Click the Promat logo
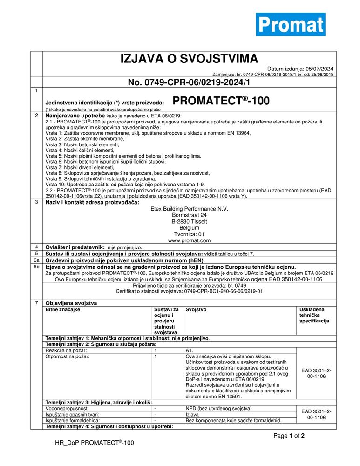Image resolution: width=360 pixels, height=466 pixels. point(290,24)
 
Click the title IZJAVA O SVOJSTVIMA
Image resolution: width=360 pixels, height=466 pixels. point(189,59)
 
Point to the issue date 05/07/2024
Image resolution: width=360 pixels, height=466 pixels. point(319,69)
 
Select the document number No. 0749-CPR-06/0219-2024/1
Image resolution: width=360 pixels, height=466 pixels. point(189,83)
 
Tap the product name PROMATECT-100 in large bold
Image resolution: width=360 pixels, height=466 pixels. point(221,101)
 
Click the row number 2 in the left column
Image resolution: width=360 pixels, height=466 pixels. point(36,115)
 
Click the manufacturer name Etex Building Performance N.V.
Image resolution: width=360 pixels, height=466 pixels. point(190,209)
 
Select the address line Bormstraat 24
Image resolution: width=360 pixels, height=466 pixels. point(190,215)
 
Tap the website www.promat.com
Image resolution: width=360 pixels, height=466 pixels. point(190,240)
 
